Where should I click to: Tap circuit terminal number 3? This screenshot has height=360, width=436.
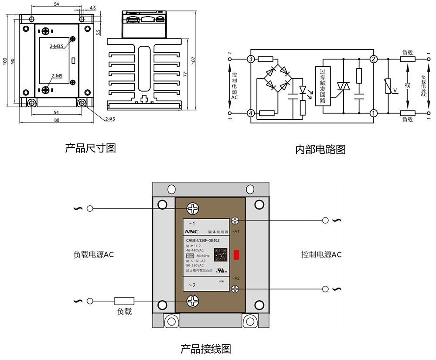[251, 59]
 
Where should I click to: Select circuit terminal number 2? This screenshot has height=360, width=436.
[373, 59]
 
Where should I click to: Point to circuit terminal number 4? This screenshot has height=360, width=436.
[251, 113]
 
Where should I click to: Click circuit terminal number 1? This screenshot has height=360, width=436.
[373, 113]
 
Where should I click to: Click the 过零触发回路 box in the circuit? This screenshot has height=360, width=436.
[323, 86]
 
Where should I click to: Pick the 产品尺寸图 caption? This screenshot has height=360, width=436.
[90, 148]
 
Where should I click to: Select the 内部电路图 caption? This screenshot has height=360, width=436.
[320, 150]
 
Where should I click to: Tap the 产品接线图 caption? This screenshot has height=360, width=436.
[205, 349]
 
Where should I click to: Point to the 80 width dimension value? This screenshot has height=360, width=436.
[57, 120]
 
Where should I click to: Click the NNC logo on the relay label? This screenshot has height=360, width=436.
[192, 232]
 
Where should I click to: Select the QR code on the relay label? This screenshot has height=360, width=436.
[221, 254]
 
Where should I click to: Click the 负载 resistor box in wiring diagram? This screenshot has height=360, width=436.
[124, 301]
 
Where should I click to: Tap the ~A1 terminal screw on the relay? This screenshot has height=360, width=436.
[235, 221]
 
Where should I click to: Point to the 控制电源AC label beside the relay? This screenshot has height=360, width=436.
[321, 255]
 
